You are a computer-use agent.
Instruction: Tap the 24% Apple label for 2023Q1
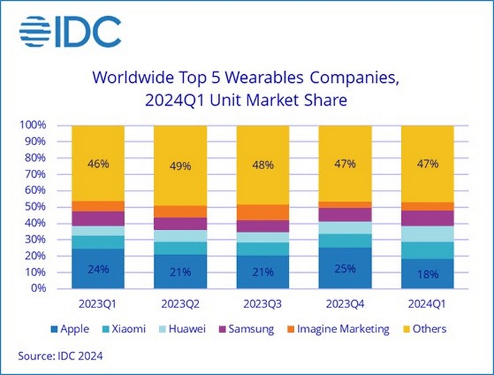point(97,271)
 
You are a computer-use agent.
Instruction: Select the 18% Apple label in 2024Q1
point(427,274)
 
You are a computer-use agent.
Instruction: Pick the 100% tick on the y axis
point(33,125)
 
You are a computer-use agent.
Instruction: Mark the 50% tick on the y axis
point(35,207)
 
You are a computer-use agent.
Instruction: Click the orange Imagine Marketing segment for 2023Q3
point(262,212)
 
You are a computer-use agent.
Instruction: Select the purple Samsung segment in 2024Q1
point(427,218)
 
